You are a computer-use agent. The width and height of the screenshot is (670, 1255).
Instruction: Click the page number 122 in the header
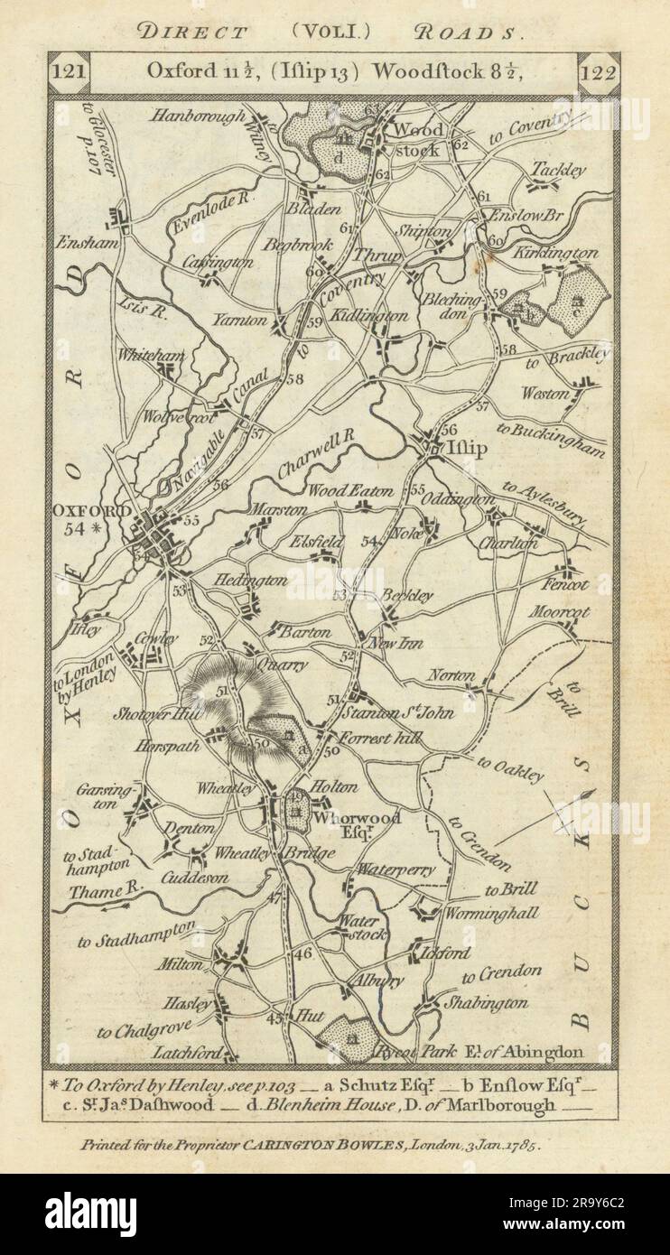tap(597, 73)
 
